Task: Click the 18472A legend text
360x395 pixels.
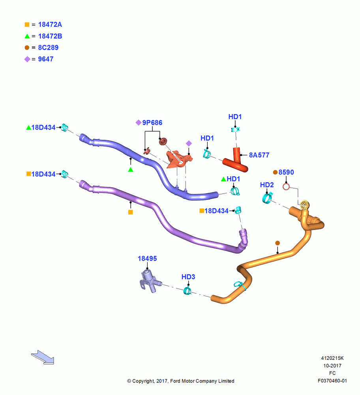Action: point(50,24)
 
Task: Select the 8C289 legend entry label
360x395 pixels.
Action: point(48,48)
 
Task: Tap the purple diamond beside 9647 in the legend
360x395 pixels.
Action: point(27,59)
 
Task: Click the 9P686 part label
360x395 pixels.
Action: point(152,123)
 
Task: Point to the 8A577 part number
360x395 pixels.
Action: point(259,155)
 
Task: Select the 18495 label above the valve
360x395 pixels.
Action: point(147,258)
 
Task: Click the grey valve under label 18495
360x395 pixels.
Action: point(150,280)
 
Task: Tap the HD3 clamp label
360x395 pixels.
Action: point(188,277)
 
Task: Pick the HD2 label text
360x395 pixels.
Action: point(267,185)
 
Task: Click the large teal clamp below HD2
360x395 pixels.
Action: point(267,198)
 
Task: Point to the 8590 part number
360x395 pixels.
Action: point(286,172)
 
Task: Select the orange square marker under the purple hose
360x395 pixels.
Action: point(130,212)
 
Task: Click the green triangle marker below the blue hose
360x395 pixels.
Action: point(130,170)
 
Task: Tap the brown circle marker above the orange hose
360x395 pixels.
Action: point(277,243)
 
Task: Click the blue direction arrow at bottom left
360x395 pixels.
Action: point(43,357)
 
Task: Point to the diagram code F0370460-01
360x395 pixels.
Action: point(332,381)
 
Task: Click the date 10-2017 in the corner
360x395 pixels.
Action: point(332,365)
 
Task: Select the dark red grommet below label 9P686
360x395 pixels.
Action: point(163,141)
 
